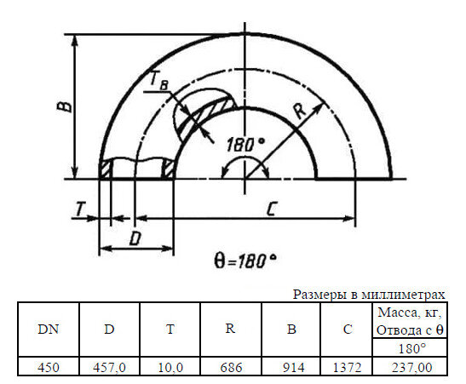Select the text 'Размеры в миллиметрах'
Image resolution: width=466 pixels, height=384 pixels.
[x=369, y=294]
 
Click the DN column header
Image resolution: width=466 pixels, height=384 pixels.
[x=49, y=330]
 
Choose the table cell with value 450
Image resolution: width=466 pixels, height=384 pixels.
[x=49, y=367]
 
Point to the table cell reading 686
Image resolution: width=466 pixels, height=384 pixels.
[x=231, y=367]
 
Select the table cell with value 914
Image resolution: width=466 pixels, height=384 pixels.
[x=291, y=367]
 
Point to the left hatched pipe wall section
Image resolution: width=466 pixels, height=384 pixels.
[x=106, y=169]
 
